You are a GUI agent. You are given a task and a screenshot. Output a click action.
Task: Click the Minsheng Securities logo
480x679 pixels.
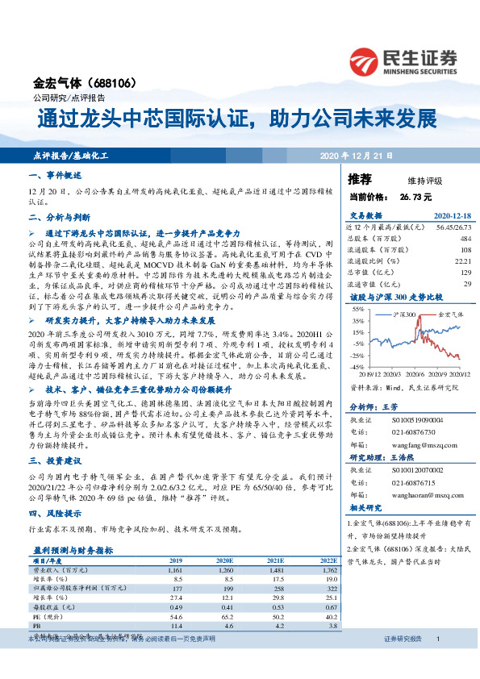403,60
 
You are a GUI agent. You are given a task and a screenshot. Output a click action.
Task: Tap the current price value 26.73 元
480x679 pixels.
415,196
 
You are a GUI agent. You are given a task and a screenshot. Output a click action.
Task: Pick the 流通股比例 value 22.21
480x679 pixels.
463,260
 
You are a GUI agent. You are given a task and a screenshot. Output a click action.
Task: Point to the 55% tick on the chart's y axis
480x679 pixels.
356,310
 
